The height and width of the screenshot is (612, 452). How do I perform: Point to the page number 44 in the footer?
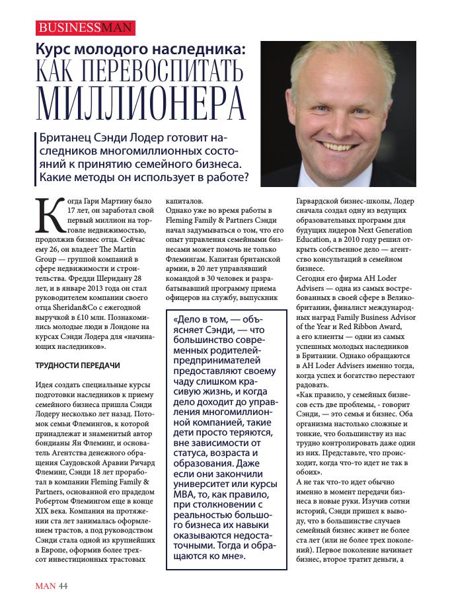point(63,586)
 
